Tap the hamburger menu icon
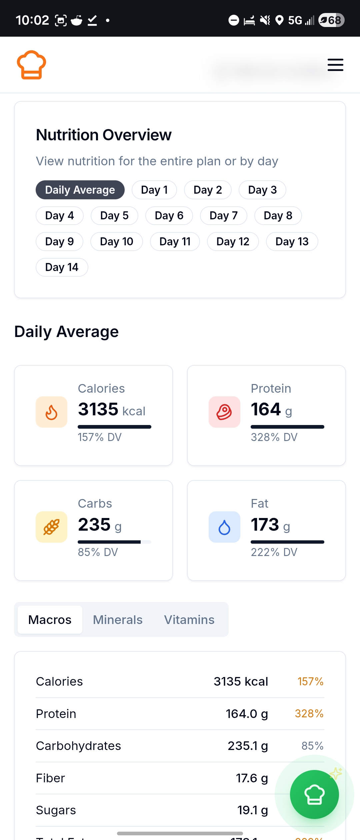coord(335,65)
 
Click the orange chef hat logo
coord(31,65)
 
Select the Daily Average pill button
coord(80,190)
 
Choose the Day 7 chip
coord(223,216)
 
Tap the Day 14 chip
coord(62,267)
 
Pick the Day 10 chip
coord(116,241)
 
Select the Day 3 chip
coord(262,190)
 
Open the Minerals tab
coord(118,620)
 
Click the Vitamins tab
coord(189,620)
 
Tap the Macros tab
coord(50,620)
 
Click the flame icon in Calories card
coord(51,412)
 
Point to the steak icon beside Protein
coord(224,412)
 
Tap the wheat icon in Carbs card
coord(51,527)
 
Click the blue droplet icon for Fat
coord(224,527)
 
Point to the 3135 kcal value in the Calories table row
coord(241,682)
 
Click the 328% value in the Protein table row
coord(309,714)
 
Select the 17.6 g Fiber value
coord(252,778)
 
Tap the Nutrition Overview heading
coord(104,135)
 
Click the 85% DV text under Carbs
coord(98,552)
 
